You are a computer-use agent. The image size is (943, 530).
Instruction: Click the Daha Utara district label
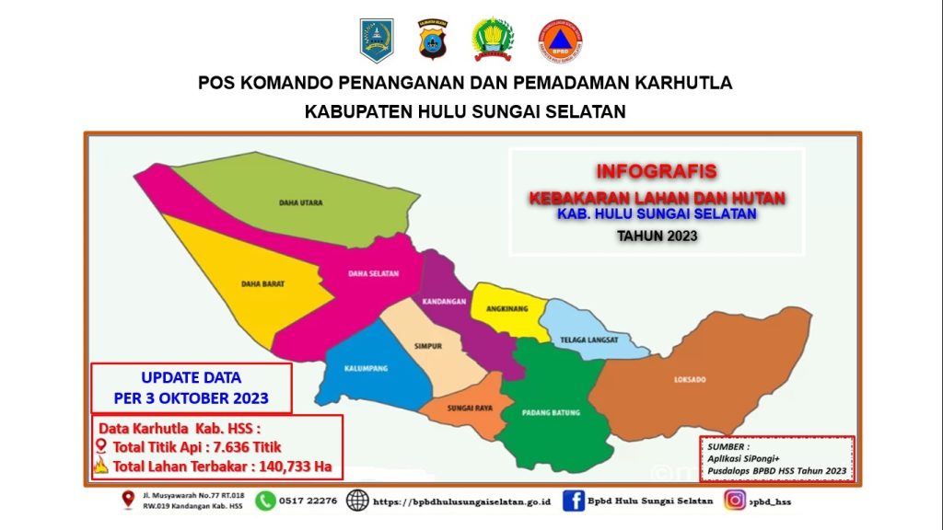tap(301, 203)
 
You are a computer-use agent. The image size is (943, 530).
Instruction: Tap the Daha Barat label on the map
tap(262, 284)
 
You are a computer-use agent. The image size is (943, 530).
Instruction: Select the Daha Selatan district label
tap(374, 274)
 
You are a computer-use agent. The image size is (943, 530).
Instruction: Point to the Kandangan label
tap(444, 302)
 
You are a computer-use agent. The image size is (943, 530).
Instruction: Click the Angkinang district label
tap(507, 309)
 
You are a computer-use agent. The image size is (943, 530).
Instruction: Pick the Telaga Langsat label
tap(589, 340)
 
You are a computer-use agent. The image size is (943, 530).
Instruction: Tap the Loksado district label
tap(690, 380)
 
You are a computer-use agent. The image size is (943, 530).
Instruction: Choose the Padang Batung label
tap(551, 413)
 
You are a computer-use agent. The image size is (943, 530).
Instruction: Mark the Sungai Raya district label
tap(470, 409)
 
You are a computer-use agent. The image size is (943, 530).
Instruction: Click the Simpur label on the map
tap(428, 347)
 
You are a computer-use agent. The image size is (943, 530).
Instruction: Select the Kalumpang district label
tap(366, 368)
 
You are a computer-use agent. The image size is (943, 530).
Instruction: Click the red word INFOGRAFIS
tap(657, 171)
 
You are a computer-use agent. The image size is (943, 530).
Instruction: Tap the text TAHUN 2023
tap(658, 236)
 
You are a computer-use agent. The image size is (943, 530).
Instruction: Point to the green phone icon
tap(265, 501)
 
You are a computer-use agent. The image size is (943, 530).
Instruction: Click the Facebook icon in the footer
tap(573, 501)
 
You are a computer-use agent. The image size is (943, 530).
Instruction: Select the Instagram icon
tap(734, 500)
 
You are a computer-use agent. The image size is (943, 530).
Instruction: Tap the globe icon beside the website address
tap(357, 501)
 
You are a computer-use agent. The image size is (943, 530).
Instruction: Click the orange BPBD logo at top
tap(561, 40)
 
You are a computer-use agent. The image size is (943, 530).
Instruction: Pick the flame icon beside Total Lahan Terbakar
tap(101, 465)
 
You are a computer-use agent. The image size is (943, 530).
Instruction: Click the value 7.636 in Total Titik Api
tap(231, 447)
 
